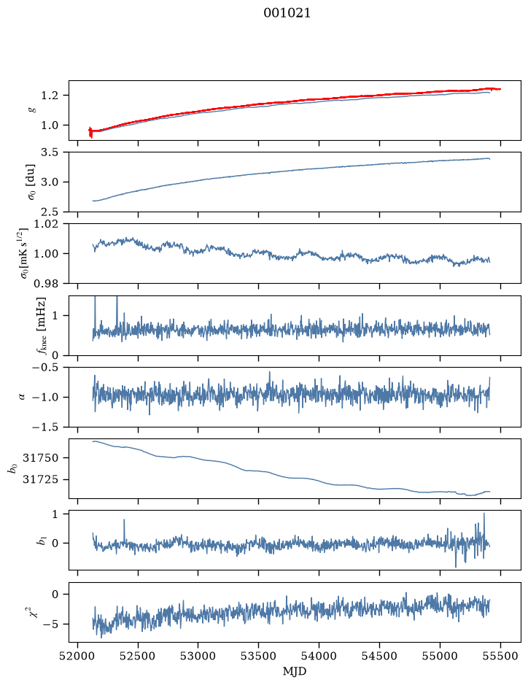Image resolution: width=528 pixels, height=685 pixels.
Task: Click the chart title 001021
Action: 287,13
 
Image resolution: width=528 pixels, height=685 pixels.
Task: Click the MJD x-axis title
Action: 295,671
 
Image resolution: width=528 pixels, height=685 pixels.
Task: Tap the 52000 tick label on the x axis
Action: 78,656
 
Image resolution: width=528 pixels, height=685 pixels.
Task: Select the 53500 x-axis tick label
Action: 259,656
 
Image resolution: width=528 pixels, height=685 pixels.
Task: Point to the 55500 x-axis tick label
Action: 500,656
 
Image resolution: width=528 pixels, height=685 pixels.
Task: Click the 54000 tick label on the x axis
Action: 319,656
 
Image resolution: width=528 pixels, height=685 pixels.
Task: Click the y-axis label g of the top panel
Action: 31,110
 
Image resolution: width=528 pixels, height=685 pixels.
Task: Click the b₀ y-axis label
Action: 12,468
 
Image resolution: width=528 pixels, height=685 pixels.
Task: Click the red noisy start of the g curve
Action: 90,132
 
